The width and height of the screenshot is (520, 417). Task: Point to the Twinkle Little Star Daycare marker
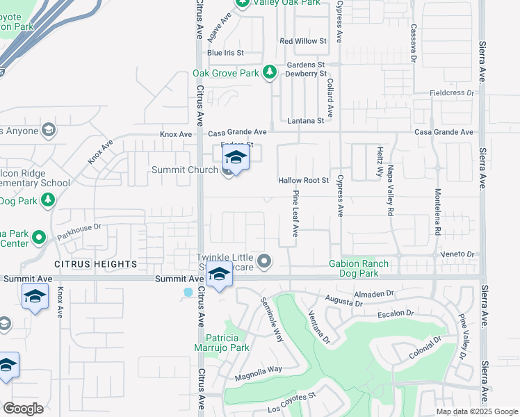tap(263, 261)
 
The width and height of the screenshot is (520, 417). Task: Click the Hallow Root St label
tap(303, 180)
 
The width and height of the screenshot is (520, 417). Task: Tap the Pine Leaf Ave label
tap(295, 213)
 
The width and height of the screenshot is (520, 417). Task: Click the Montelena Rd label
tap(438, 212)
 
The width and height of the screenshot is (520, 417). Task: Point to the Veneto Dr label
tap(460, 255)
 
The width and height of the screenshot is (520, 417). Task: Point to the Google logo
tap(23, 408)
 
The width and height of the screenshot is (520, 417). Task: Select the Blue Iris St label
tap(225, 53)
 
